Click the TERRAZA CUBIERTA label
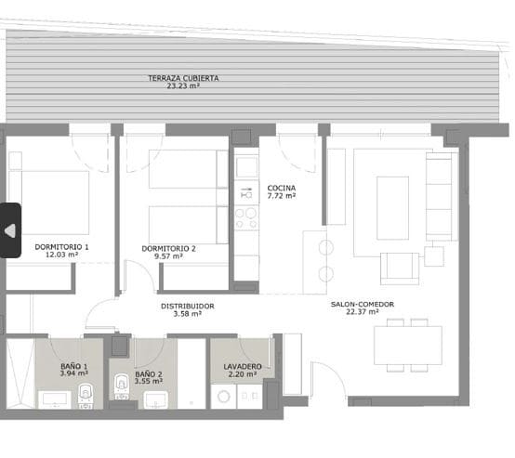(x=183, y=78)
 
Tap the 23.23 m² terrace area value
(x=183, y=86)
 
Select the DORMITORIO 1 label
(x=61, y=247)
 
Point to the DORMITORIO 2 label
(x=168, y=248)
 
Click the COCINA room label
(x=281, y=187)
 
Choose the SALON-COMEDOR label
(x=362, y=304)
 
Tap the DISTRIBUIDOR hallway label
(x=188, y=306)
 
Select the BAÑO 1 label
(x=72, y=366)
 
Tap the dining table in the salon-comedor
(x=407, y=346)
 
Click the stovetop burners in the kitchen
(x=246, y=219)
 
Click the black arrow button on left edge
(x=10, y=229)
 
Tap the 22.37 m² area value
(x=362, y=312)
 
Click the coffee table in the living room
(x=390, y=199)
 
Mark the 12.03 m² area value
(x=61, y=255)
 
